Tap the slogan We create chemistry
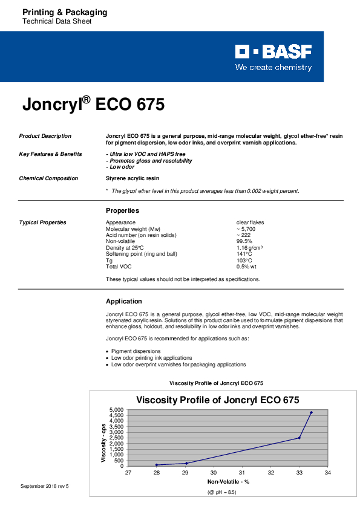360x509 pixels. coord(273,68)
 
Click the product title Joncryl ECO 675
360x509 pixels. coord(93,104)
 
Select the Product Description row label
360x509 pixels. coord(45,136)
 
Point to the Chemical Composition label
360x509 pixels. coord(48,178)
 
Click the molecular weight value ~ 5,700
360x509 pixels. coord(246,229)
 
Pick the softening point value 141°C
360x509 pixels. coord(244,254)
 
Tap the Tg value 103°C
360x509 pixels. coord(244,260)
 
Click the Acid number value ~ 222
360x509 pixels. coord(243,235)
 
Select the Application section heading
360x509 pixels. coord(124,301)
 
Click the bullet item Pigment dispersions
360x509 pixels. coord(136,351)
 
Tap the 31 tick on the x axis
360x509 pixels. coord(242,473)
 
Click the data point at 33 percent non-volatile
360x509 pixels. coord(299,438)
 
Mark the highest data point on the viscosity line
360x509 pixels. coord(311,413)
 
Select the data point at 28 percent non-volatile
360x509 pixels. coord(157,465)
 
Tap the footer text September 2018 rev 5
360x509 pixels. coord(45,486)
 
